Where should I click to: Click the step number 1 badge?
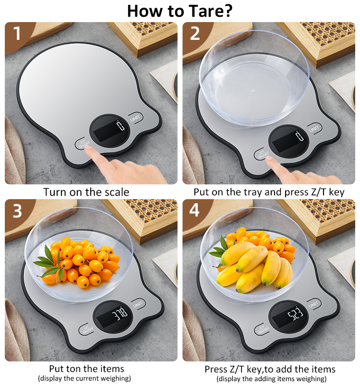[17, 33]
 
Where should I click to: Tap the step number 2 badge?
[195, 33]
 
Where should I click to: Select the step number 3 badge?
[17, 211]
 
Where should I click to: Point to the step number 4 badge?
[194, 210]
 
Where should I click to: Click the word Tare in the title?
[210, 11]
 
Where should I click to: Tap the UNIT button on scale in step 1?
[135, 118]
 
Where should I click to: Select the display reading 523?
[295, 313]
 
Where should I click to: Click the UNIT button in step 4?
[313, 304]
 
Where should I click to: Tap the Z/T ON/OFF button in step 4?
[262, 329]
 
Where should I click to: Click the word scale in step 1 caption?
[117, 192]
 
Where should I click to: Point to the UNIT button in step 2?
[314, 128]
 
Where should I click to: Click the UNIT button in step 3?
[138, 304]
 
